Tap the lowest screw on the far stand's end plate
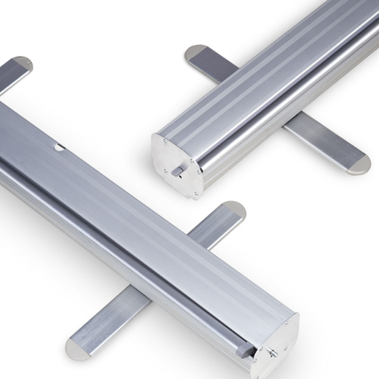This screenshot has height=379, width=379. coord(194,193)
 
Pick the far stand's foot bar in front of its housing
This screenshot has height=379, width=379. coord(322,142)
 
